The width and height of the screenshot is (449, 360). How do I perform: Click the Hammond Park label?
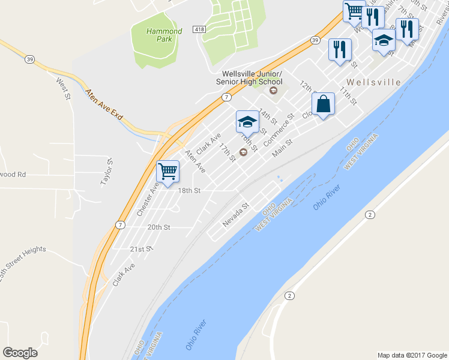[164, 35]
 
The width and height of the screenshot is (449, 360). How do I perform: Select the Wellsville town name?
[373, 82]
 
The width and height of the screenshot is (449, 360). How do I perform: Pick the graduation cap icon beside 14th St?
[247, 122]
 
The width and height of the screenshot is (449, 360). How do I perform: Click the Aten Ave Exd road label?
[104, 105]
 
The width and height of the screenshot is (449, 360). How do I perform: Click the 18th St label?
[188, 190]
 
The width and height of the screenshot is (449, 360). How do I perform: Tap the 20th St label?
[159, 227]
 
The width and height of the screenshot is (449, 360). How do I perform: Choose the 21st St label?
[142, 248]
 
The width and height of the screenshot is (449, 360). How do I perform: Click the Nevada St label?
[235, 214]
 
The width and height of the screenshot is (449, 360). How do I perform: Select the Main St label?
[282, 149]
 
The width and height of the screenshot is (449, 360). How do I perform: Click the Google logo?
[20, 353]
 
